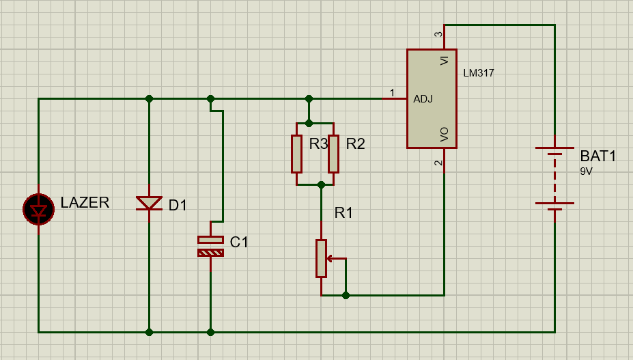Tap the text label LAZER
pyautogui.click(x=85, y=202)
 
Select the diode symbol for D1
pyautogui.click(x=149, y=203)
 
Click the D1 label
pyautogui.click(x=178, y=205)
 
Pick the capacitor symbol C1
pyautogui.click(x=210, y=246)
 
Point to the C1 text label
pyautogui.click(x=240, y=242)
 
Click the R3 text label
pyautogui.click(x=318, y=144)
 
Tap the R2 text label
pyautogui.click(x=355, y=144)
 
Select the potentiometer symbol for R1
pyautogui.click(x=322, y=258)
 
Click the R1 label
pyautogui.click(x=343, y=212)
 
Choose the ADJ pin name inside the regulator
pyautogui.click(x=423, y=99)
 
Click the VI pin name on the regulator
pyautogui.click(x=445, y=61)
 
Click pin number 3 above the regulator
pyautogui.click(x=438, y=34)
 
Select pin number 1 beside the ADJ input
pyautogui.click(x=392, y=92)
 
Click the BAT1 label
pyautogui.click(x=597, y=156)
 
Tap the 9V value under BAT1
pyautogui.click(x=587, y=171)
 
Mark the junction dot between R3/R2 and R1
pyautogui.click(x=321, y=184)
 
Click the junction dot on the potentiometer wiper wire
pyautogui.click(x=346, y=295)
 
